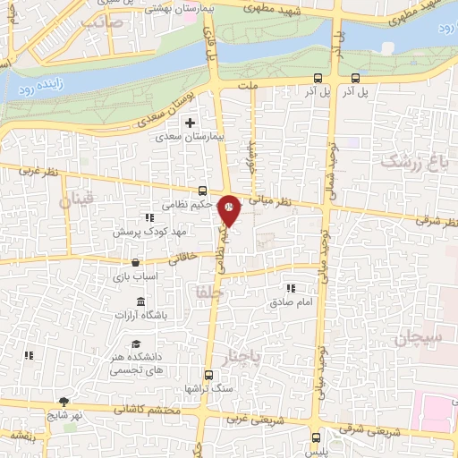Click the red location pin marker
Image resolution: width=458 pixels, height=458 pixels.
pos(230,208)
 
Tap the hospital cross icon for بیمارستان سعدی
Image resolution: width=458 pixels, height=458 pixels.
pos(189,123)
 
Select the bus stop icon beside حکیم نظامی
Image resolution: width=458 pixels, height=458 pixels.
pos(203,191)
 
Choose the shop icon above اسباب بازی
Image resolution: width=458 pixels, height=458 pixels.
pos(135,263)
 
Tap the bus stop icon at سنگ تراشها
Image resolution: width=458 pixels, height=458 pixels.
pos(208,375)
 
